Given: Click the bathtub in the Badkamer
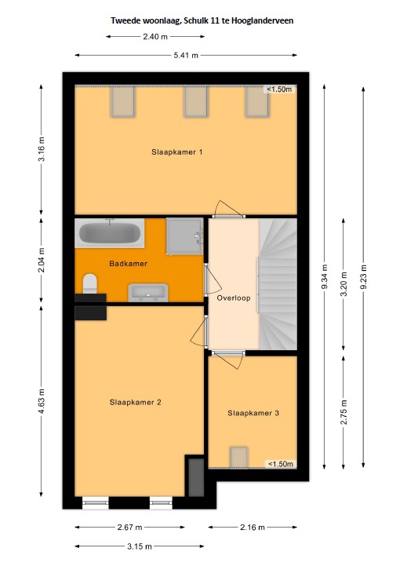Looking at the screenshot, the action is (110, 233).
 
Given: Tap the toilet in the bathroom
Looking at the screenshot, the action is (90, 283).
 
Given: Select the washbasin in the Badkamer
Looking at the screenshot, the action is (148, 292).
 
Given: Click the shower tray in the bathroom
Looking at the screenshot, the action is (184, 236).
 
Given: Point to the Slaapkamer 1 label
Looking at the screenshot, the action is (176, 152).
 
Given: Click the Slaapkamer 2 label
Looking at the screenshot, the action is (135, 402).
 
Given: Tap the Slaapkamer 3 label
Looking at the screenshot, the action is (253, 413).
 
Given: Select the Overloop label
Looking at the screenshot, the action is (233, 298).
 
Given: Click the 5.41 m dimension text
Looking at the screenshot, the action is (186, 55).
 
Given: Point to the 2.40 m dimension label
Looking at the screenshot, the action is (155, 36).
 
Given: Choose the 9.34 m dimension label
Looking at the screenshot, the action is (325, 276).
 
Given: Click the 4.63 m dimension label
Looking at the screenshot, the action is (41, 401).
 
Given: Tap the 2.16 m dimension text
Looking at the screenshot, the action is (253, 528).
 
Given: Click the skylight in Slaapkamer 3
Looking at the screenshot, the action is (239, 457).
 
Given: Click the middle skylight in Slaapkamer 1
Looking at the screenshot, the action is (196, 102).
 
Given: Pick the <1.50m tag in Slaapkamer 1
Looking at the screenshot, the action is (279, 89).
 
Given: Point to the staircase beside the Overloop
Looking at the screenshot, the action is (278, 283).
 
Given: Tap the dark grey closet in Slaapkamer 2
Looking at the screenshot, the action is (196, 477).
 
